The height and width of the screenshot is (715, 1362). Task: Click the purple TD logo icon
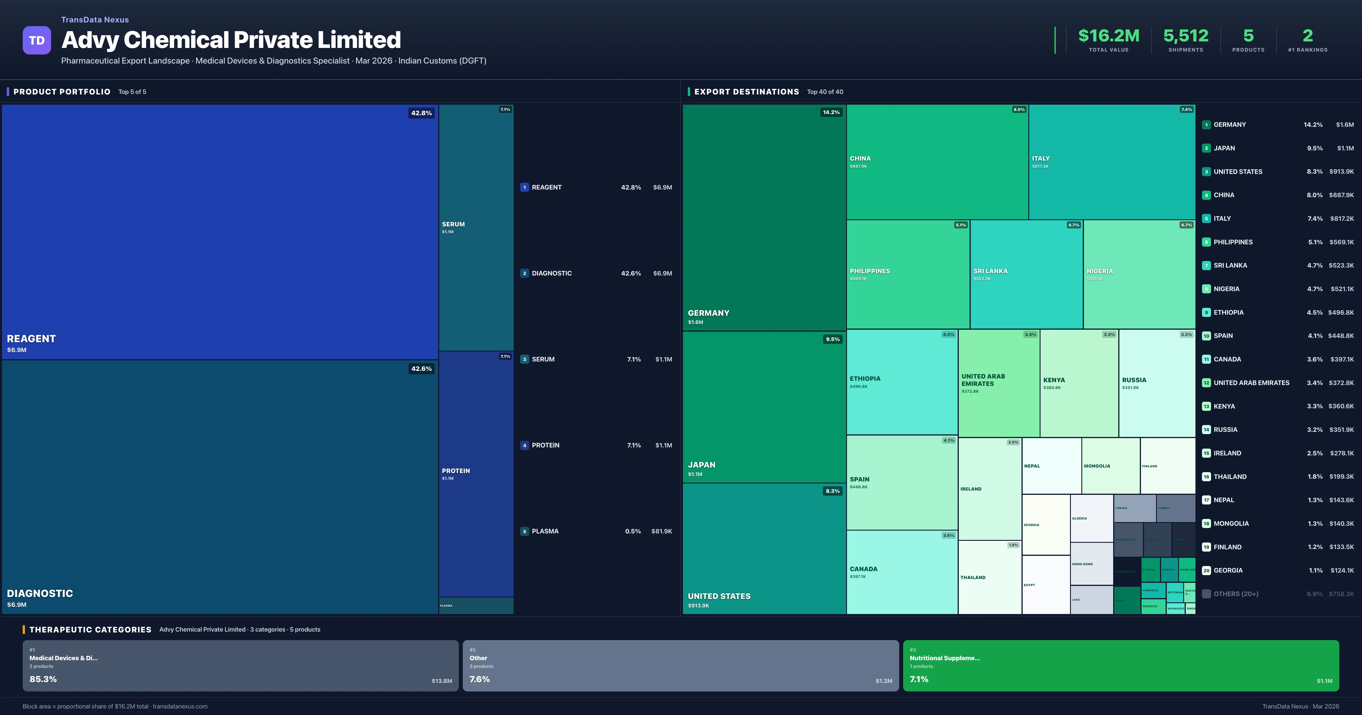coord(37,40)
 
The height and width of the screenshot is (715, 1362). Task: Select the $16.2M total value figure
coord(1108,36)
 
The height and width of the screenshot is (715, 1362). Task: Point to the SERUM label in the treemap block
coord(453,224)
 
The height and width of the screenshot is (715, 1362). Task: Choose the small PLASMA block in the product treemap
coord(476,605)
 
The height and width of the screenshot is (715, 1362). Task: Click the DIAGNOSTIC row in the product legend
coord(551,274)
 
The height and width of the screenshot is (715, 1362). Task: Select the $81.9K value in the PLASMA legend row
coord(661,531)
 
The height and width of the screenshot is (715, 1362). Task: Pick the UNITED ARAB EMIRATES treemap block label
coord(983,380)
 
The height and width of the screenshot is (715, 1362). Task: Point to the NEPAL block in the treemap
coord(1032,466)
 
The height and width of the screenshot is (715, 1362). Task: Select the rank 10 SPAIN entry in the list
coord(1223,336)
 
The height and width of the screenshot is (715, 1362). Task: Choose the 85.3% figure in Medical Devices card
coord(43,679)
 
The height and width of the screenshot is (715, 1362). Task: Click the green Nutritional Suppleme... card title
coord(944,658)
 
